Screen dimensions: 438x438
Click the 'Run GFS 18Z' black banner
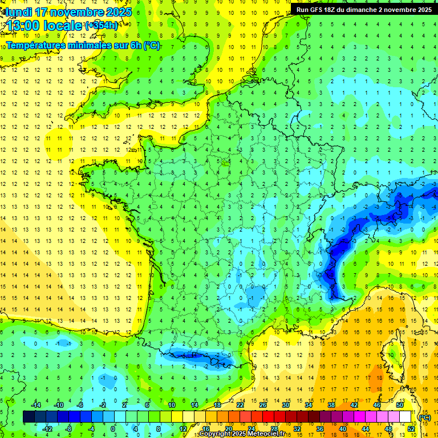pyautogui.click(x=364, y=9)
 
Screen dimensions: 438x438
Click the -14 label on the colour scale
pyautogui.click(x=37, y=405)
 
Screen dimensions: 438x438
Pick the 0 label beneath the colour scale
pyautogui.click(x=112, y=429)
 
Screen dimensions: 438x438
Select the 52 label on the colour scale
pyautogui.click(x=411, y=429)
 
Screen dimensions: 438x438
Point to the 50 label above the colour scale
pyautogui.click(x=400, y=405)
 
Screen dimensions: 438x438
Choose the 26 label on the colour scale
pyautogui.click(x=263, y=405)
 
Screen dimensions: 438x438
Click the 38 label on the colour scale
pyautogui.click(x=331, y=405)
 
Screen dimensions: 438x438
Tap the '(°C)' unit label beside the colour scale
pyautogui.click(x=425, y=417)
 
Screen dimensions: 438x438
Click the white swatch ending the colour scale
pyautogui.click(x=405, y=417)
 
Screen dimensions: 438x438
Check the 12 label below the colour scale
pyautogui.click(x=183, y=429)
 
